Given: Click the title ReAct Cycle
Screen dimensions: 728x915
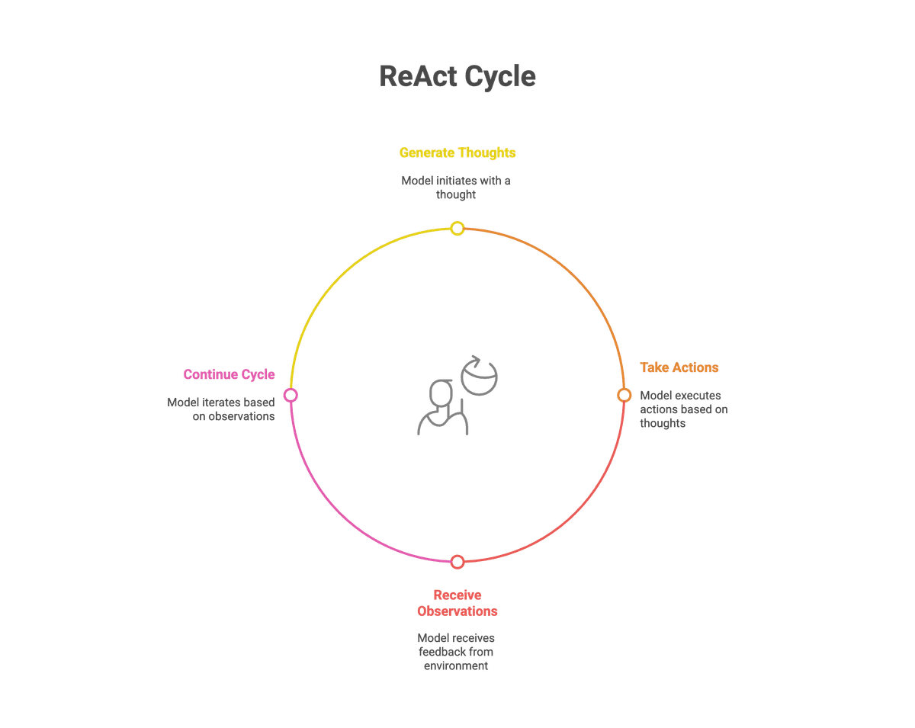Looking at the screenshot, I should point(457,77).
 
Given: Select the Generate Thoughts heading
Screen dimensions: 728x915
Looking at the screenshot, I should point(457,152).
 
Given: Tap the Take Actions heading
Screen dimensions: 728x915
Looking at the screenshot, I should point(679,367).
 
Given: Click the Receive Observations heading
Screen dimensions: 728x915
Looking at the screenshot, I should point(457,603).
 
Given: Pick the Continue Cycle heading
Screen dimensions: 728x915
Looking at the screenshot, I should point(229,374).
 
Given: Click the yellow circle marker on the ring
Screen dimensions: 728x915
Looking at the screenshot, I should point(457,228).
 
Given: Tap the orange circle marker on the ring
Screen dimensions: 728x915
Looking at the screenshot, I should point(624,395).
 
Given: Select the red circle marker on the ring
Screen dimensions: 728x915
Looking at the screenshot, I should point(457,562).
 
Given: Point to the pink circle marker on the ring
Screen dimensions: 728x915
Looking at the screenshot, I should point(291,395).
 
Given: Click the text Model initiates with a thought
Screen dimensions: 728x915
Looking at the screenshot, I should point(457,188).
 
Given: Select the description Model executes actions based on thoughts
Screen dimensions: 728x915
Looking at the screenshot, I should point(683,409).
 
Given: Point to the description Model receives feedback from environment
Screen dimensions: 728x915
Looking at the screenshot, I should point(456,652).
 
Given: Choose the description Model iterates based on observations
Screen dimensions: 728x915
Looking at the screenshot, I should point(221,409).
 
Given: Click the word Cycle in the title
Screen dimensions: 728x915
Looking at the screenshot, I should point(500,77).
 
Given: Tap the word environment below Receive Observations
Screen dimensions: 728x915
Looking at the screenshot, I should point(456,665).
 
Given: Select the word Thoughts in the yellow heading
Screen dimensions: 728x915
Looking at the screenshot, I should point(487,152).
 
